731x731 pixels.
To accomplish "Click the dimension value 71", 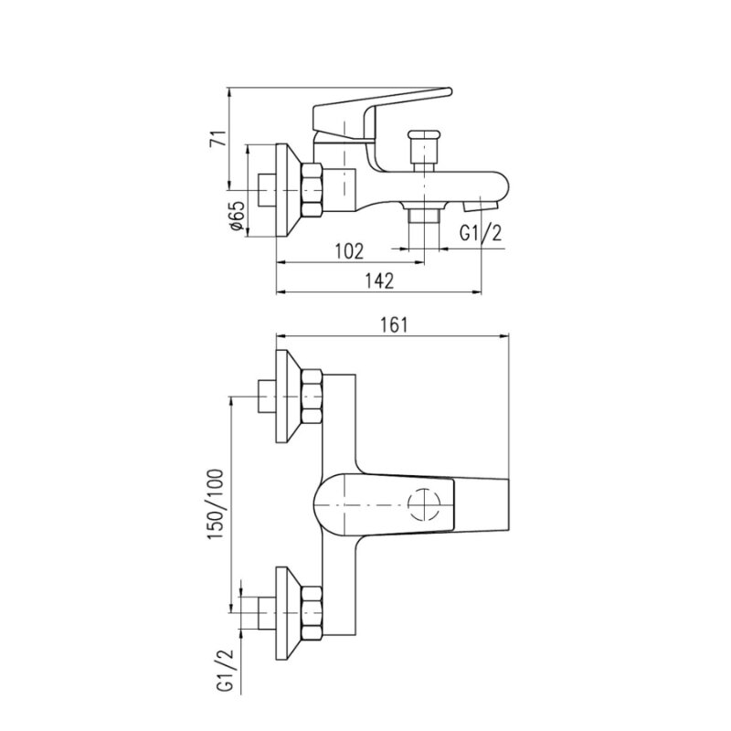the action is (218, 139).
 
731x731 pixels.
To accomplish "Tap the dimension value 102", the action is (349, 252).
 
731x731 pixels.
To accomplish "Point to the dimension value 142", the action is (379, 281).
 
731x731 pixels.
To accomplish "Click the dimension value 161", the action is (395, 325).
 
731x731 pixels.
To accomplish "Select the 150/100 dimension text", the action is (216, 504).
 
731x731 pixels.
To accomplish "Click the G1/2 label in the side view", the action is (481, 233).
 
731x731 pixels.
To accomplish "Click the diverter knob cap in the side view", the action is (424, 134).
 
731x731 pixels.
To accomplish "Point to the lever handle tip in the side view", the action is (447, 91).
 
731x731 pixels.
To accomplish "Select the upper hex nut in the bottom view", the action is (313, 397).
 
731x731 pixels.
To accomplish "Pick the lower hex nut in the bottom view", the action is (313, 612).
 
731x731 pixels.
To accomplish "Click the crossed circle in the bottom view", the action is (424, 504).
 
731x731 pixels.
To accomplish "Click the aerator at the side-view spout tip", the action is (482, 206).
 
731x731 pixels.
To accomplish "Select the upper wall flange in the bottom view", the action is (289, 397).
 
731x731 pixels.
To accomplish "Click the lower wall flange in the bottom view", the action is (289, 613).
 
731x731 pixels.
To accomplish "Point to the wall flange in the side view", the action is (289, 190).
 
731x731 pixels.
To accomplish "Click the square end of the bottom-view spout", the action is (482, 504).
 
